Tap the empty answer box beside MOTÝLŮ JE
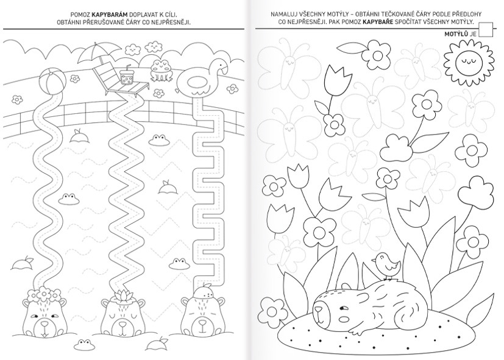click(485, 30)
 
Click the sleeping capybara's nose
click(318, 310)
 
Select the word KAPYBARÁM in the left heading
click(110, 15)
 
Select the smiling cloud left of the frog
click(132, 49)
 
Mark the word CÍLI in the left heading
click(171, 15)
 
